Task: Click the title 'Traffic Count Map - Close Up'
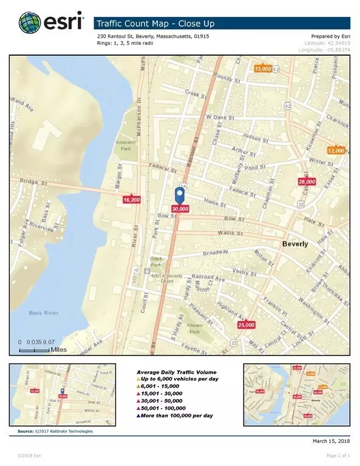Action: pos(154,24)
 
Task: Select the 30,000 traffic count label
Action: pos(180,208)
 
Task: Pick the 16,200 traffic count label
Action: pos(131,199)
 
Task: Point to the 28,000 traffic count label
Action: pos(307,181)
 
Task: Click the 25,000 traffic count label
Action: pos(246,325)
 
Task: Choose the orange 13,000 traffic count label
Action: pos(263,69)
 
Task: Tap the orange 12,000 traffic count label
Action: pos(336,150)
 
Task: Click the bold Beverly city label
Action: pos(295,244)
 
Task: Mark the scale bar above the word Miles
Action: pos(36,350)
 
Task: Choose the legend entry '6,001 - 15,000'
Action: pos(157,385)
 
